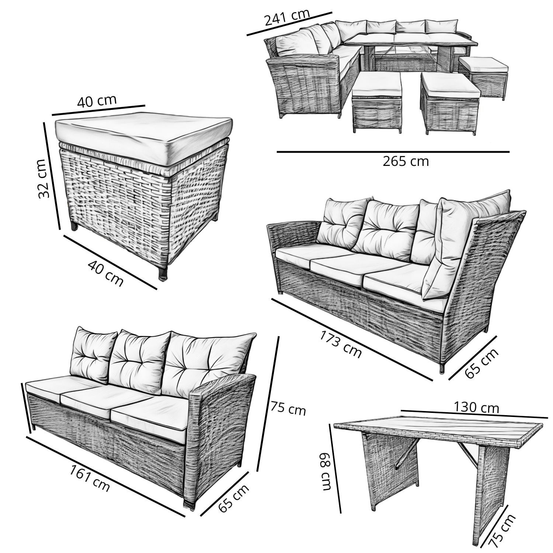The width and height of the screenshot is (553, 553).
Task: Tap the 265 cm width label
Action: pos(406,161)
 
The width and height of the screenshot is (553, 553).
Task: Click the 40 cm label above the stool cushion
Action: pos(97,101)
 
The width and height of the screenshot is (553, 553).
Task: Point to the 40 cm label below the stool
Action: pos(105,273)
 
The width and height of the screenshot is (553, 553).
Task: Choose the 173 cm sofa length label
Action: pos(340,344)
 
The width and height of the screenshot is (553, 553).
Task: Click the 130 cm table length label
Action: pos(476,407)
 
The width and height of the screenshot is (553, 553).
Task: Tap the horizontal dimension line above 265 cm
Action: pos(393,152)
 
